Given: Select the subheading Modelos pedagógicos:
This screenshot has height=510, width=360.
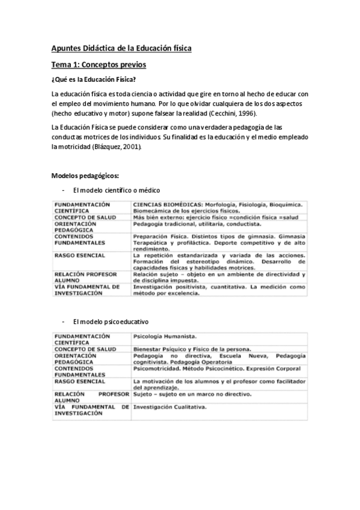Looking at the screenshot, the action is click(x=85, y=176).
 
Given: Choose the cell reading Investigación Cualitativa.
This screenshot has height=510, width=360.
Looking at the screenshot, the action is click(x=170, y=407).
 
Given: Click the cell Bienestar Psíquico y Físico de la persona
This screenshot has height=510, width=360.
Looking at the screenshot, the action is click(x=192, y=349).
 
